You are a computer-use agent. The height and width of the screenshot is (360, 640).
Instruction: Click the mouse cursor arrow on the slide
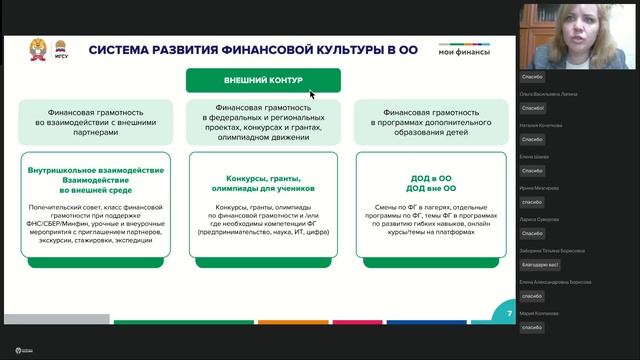tap(312, 94)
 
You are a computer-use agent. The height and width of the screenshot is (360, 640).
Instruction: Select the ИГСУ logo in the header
tap(60, 48)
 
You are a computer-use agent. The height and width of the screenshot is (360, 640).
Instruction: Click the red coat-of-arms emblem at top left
tap(37, 48)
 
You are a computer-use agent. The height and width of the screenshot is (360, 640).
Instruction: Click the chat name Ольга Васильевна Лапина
tap(546, 93)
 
